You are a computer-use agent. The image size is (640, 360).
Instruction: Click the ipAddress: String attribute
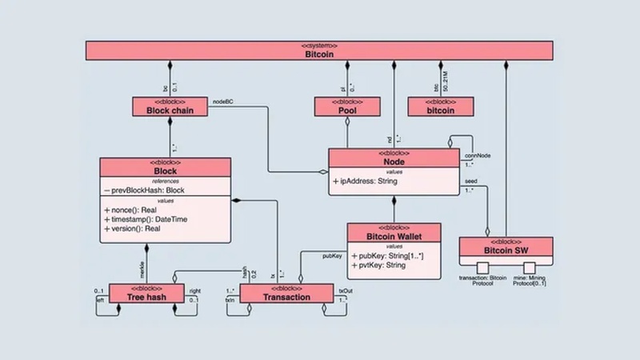click(368, 181)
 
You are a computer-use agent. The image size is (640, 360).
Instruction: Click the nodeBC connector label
click(223, 102)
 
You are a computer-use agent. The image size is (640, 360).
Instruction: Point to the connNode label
click(478, 155)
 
